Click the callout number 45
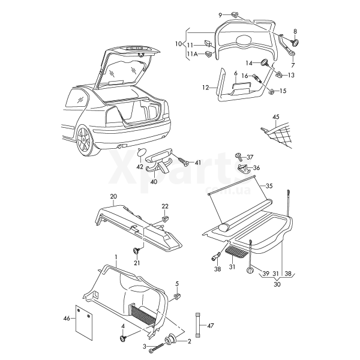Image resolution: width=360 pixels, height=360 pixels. point(275,117)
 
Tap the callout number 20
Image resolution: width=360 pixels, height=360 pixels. point(113,196)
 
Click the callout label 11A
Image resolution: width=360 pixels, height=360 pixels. point(191,54)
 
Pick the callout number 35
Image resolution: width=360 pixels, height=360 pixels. point(269,186)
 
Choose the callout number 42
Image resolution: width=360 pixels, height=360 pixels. point(139,167)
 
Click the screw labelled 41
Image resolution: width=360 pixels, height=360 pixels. point(182,161)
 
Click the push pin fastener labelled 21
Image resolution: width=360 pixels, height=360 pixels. point(136,251)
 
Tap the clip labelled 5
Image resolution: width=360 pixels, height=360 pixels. point(177,296)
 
